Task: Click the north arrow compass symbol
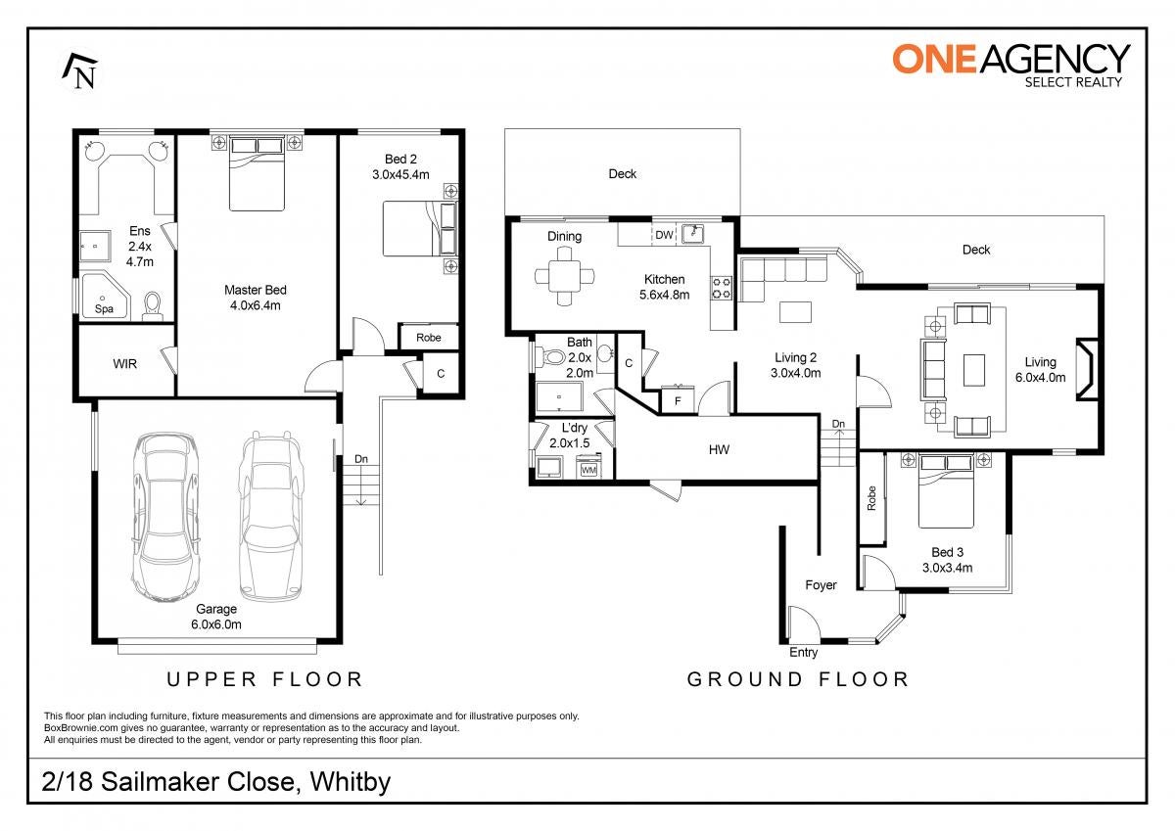(80, 70)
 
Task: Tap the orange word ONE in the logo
(934, 59)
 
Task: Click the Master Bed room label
(256, 290)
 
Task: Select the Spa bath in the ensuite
(106, 296)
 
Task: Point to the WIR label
(125, 363)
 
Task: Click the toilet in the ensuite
(153, 306)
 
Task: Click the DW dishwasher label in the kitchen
(664, 235)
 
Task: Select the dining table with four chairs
(564, 276)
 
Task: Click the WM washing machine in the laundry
(588, 466)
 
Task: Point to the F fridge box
(678, 399)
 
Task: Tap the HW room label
(719, 449)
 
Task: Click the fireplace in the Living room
(1086, 370)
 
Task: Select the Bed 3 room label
(948, 552)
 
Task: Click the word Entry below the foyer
(803, 652)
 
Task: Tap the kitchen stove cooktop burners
(721, 289)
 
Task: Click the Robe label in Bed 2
(429, 338)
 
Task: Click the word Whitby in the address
(351, 782)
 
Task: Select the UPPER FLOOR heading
(264, 679)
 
